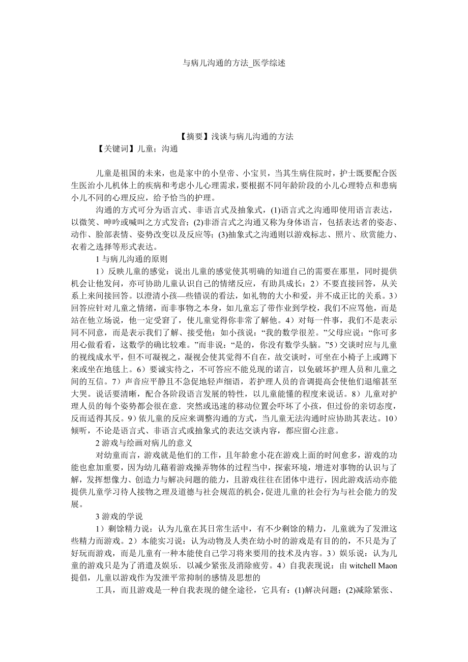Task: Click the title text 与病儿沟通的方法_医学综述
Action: coord(233,64)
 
